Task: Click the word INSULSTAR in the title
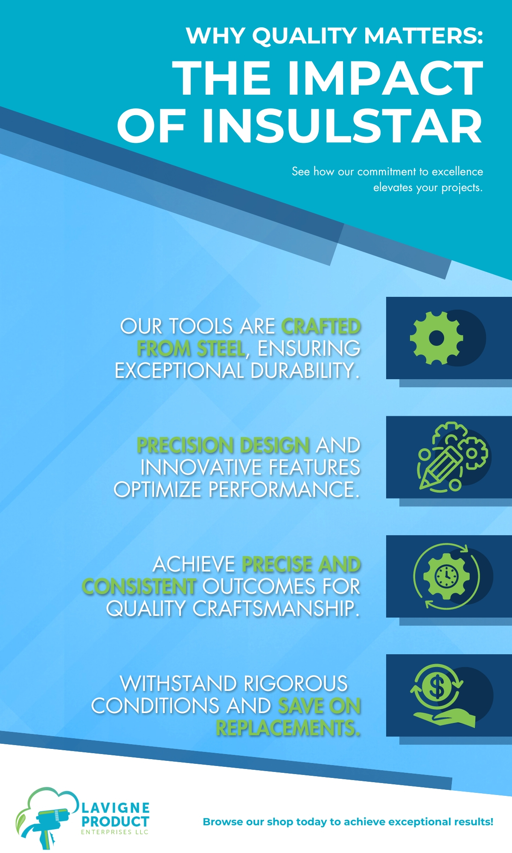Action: (x=342, y=126)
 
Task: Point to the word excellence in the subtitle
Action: (x=457, y=171)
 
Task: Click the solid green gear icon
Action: (x=436, y=338)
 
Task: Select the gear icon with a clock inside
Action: (x=446, y=576)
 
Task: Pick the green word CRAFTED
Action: (x=321, y=327)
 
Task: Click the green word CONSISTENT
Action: (x=139, y=586)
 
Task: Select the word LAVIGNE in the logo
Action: (x=116, y=807)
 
